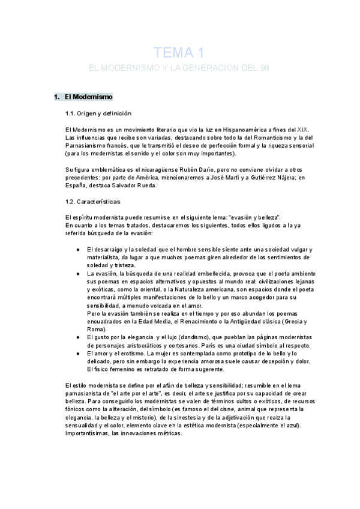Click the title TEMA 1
pyautogui.click(x=180, y=52)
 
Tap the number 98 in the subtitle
pyautogui.click(x=265, y=68)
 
